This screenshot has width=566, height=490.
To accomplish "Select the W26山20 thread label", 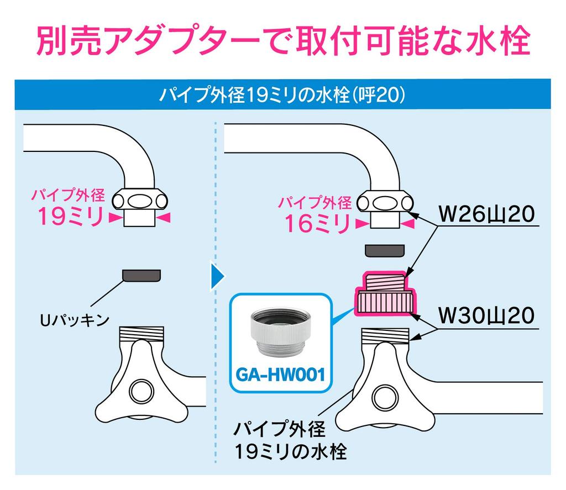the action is [x=486, y=213].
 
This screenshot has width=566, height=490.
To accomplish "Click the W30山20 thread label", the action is [x=486, y=315].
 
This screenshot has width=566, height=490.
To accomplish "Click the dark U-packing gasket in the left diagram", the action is [x=142, y=275].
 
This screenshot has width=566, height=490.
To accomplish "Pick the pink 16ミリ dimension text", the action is [x=317, y=223].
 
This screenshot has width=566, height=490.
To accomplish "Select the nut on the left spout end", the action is [x=142, y=198].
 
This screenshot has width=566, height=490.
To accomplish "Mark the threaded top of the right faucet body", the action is [x=385, y=335].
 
